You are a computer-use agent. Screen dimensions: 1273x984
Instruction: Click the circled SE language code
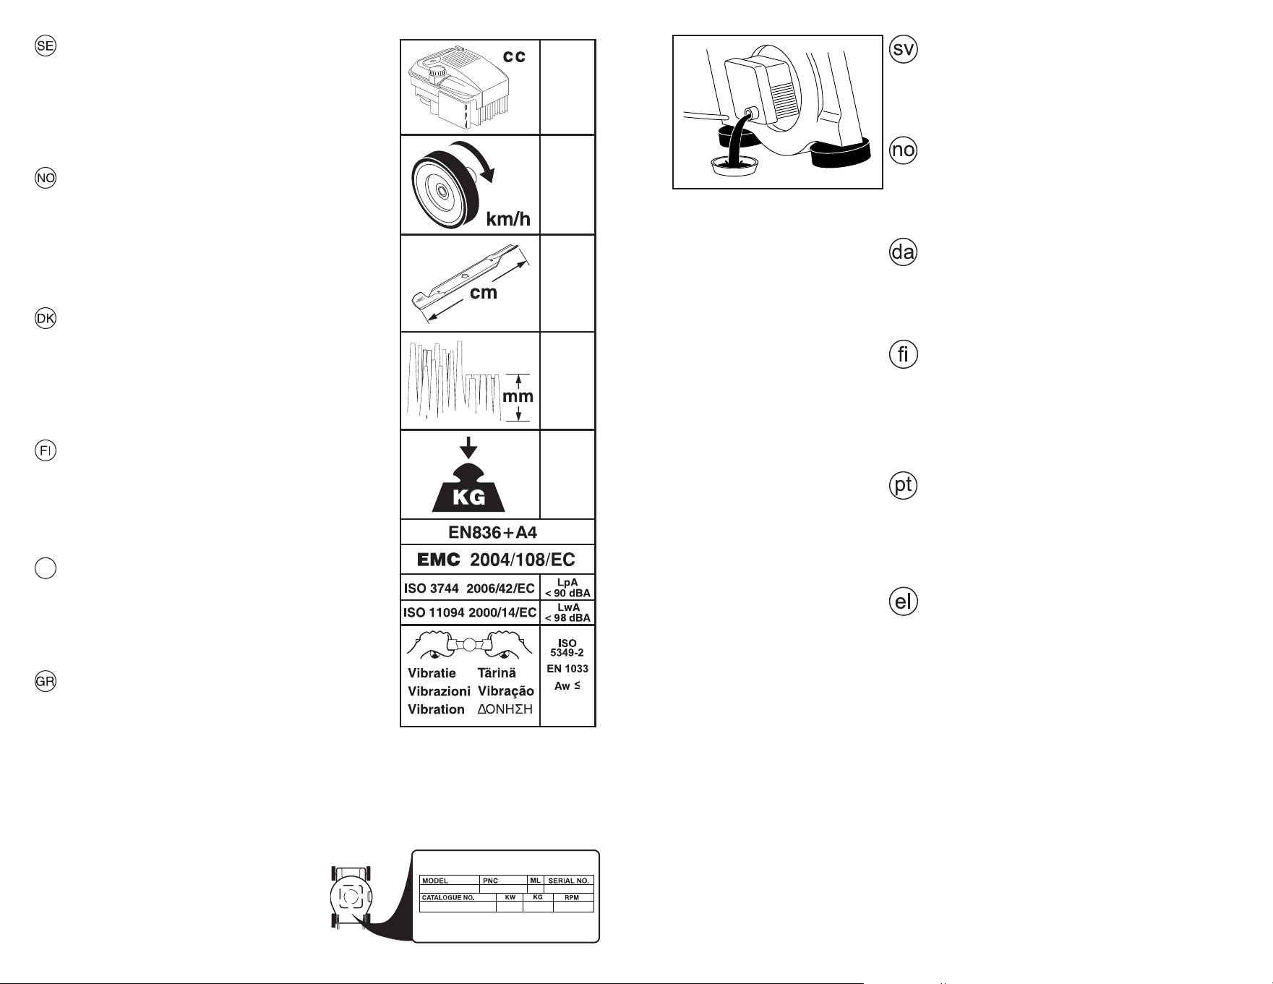pyautogui.click(x=46, y=46)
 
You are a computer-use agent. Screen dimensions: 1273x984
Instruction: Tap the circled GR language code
pyautogui.click(x=46, y=682)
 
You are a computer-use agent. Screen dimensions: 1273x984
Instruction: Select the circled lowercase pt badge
pyautogui.click(x=903, y=485)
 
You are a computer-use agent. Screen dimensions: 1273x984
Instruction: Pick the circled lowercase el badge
pyautogui.click(x=903, y=602)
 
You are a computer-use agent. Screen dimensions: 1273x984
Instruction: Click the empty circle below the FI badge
pyautogui.click(x=46, y=568)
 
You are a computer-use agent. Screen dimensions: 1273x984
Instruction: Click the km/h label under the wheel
pyautogui.click(x=508, y=219)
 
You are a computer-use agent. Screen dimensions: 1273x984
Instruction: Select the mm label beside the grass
pyautogui.click(x=518, y=396)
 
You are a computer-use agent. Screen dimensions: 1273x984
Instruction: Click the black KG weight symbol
pyautogui.click(x=468, y=487)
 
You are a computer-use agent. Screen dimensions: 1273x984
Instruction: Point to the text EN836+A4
pyautogui.click(x=492, y=533)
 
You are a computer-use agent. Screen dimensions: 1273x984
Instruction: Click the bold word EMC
pyautogui.click(x=439, y=560)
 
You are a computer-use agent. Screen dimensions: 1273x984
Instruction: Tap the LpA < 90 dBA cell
pyautogui.click(x=567, y=588)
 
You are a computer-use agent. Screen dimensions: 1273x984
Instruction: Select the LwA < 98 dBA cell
pyautogui.click(x=567, y=612)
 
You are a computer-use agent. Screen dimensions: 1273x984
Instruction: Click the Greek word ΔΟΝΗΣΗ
pyautogui.click(x=505, y=709)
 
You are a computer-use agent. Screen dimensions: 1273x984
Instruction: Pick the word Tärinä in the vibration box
pyautogui.click(x=497, y=673)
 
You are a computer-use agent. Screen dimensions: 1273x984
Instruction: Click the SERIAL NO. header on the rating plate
pyautogui.click(x=569, y=881)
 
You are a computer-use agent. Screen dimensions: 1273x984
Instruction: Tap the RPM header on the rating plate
pyautogui.click(x=572, y=897)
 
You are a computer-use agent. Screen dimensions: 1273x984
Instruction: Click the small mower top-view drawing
pyautogui.click(x=351, y=897)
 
